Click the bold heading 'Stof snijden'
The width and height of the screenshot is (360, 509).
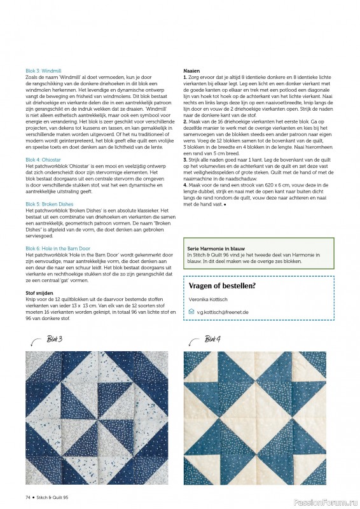(39, 293)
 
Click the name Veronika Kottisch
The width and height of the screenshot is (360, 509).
(211, 299)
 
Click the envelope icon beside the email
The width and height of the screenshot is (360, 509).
(191, 312)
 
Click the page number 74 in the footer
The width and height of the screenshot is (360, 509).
(29, 497)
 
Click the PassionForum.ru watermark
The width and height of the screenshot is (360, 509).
(329, 501)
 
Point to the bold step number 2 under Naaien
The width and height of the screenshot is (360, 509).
(184, 120)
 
